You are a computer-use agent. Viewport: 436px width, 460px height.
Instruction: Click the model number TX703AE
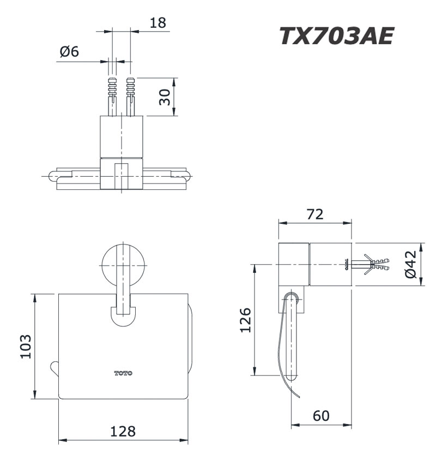[x=336, y=36]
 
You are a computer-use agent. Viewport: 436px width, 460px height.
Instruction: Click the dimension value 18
[x=158, y=22]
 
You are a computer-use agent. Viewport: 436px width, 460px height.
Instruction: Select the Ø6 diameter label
[x=69, y=52]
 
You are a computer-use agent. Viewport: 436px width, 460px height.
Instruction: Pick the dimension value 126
[x=245, y=320]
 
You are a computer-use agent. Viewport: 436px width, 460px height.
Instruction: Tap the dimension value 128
[x=123, y=431]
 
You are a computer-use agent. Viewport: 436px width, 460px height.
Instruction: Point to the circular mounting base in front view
[x=123, y=264]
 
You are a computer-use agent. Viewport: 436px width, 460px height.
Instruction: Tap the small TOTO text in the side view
[x=344, y=265]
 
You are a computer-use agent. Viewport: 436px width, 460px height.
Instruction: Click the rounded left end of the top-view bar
[x=51, y=176]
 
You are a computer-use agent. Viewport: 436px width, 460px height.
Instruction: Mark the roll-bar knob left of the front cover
[x=53, y=368]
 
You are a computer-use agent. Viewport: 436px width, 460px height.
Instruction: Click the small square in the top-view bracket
[x=122, y=166]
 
